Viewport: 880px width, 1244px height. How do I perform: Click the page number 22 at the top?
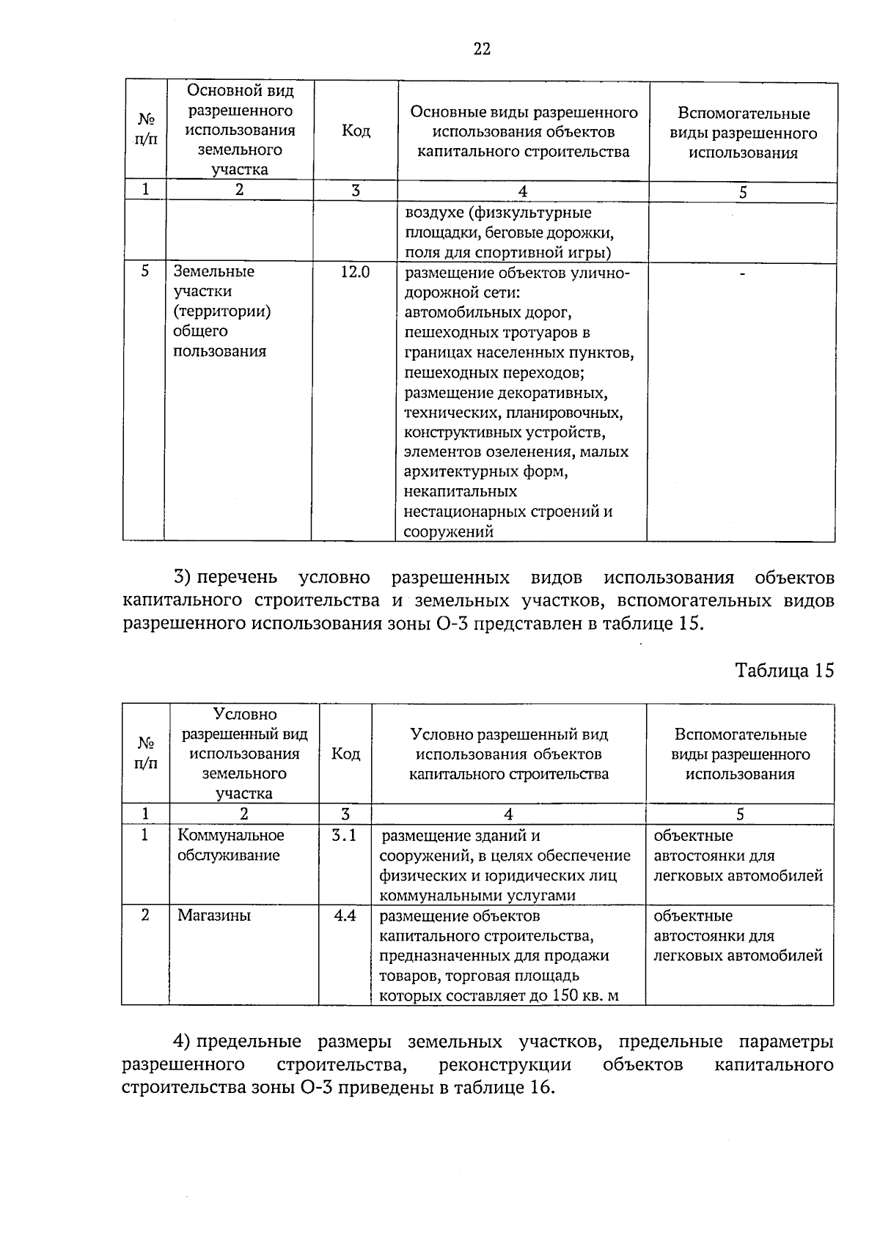coord(481,49)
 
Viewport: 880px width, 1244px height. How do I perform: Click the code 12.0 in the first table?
coord(355,272)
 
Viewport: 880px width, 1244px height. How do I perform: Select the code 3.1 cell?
coord(344,835)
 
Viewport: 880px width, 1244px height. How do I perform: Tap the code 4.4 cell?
coord(344,916)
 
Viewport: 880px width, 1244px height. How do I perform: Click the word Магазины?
coord(213,916)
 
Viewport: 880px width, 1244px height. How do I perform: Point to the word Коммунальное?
coord(230,835)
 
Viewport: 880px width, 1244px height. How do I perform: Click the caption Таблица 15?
coord(784,671)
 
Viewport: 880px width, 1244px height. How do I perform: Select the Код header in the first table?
coord(356,131)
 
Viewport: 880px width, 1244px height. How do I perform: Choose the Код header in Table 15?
coord(345,754)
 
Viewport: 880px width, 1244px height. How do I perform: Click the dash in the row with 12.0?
coord(742,273)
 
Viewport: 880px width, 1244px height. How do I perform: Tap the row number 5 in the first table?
coord(144,271)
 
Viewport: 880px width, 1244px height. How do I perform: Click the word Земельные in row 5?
coord(213,271)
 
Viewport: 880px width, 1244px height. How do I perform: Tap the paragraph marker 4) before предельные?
coord(182,1042)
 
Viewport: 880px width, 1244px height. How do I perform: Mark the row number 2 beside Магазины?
coord(145,916)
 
